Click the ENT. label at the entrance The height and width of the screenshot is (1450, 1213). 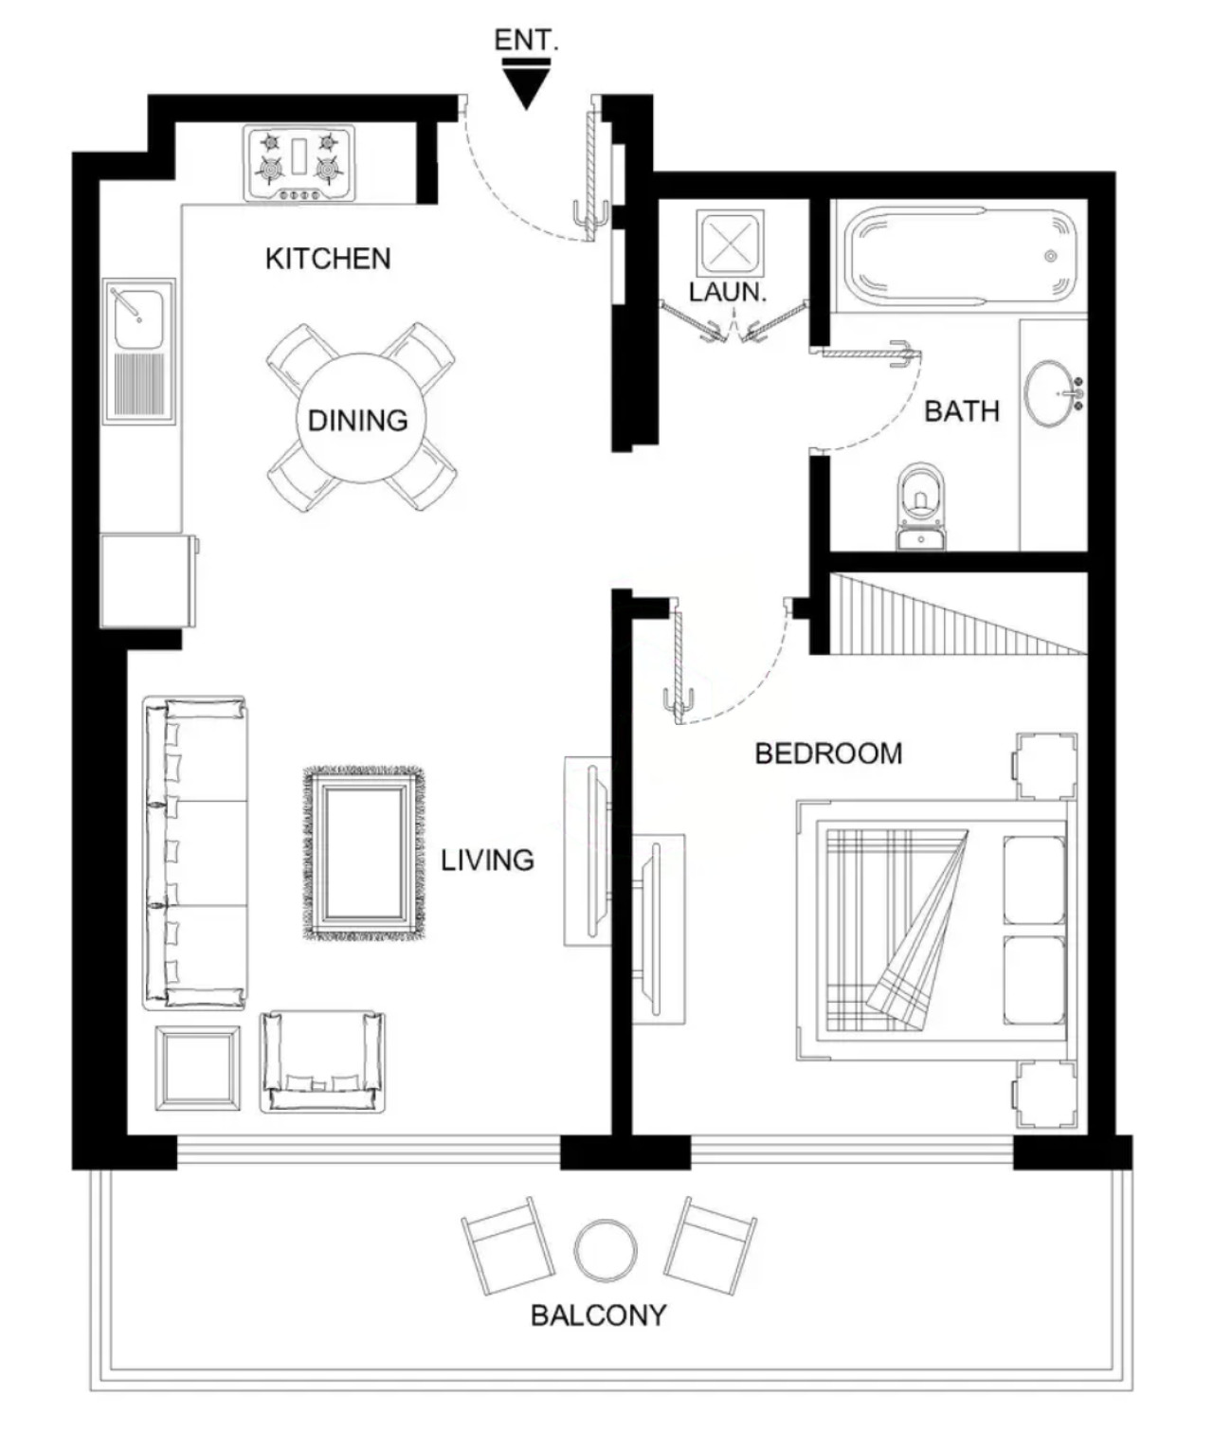[x=526, y=40]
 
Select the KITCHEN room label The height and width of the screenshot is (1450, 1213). [x=328, y=259]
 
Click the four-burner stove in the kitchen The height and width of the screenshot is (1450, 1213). [x=299, y=163]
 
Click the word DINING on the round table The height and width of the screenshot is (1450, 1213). [x=357, y=421]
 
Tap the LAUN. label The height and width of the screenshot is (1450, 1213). [x=728, y=292]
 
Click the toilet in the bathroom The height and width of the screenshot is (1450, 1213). [x=921, y=506]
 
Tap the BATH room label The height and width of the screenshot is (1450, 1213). [x=962, y=412]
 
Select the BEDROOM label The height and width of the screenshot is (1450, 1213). [x=828, y=754]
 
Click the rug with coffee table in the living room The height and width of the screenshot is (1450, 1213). [x=364, y=854]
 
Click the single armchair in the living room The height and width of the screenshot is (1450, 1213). [x=323, y=1061]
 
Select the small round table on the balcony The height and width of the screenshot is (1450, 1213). [x=605, y=1251]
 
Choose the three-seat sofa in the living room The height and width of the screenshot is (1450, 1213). [x=195, y=853]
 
